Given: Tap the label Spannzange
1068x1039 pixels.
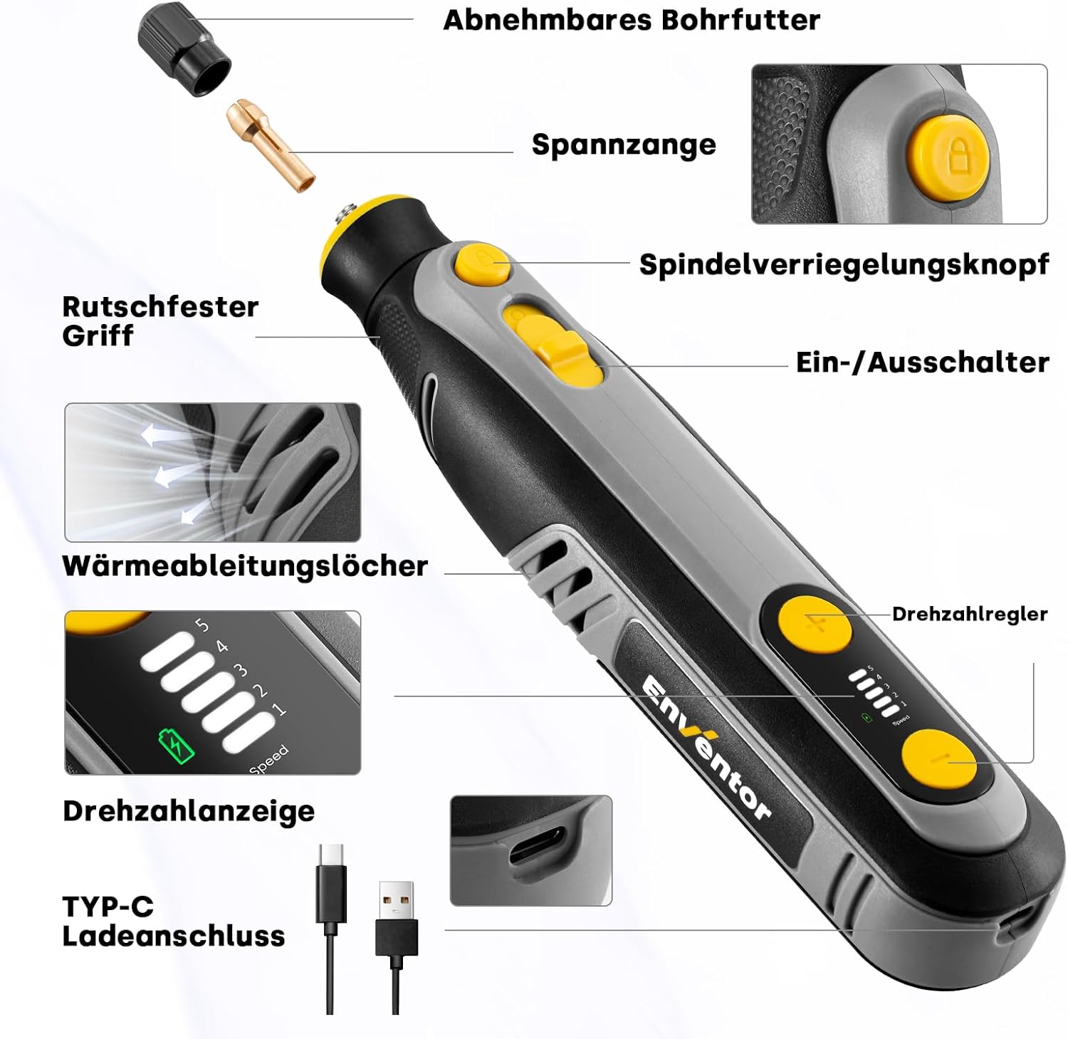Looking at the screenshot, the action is click(624, 145).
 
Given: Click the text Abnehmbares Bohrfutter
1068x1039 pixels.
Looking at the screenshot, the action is click(632, 20).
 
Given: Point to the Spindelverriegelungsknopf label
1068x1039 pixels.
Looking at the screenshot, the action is click(844, 264).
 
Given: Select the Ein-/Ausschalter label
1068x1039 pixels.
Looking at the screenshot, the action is click(922, 362).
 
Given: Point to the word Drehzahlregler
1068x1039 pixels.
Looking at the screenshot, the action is click(970, 614).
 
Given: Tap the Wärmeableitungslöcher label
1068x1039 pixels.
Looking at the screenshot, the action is click(245, 566).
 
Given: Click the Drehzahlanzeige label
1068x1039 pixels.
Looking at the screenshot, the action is click(189, 811).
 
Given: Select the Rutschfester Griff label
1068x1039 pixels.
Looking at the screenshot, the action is click(160, 321).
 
